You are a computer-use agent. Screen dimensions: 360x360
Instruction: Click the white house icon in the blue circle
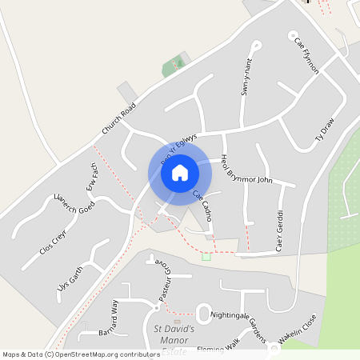[179, 172]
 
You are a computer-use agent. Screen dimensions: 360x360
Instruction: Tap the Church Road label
[119, 118]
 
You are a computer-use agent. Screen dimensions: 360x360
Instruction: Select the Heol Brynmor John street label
[246, 169]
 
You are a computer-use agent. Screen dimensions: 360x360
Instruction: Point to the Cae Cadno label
[202, 206]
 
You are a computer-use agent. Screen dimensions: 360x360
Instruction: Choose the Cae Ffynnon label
[306, 55]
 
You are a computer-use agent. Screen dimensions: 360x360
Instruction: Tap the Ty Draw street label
[324, 128]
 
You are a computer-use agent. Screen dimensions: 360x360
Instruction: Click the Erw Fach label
[92, 180]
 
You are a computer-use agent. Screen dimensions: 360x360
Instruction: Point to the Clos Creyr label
[55, 239]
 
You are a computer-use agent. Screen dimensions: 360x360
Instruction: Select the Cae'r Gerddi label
[280, 231]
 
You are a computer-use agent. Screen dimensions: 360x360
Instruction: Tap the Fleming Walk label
[220, 346]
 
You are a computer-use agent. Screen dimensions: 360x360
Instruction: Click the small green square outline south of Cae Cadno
[206, 256]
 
